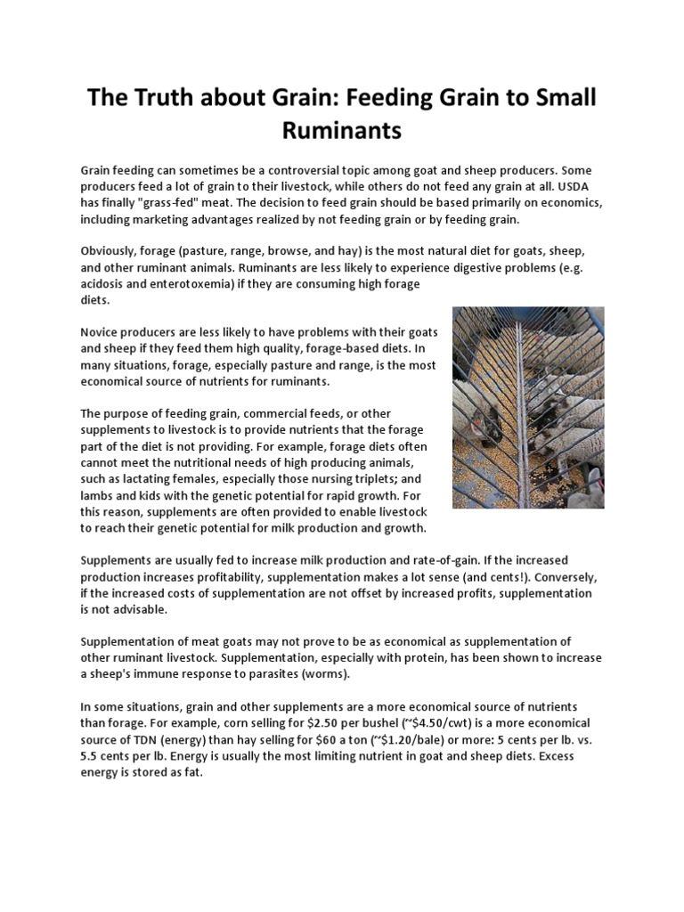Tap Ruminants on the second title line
pos(342,132)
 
